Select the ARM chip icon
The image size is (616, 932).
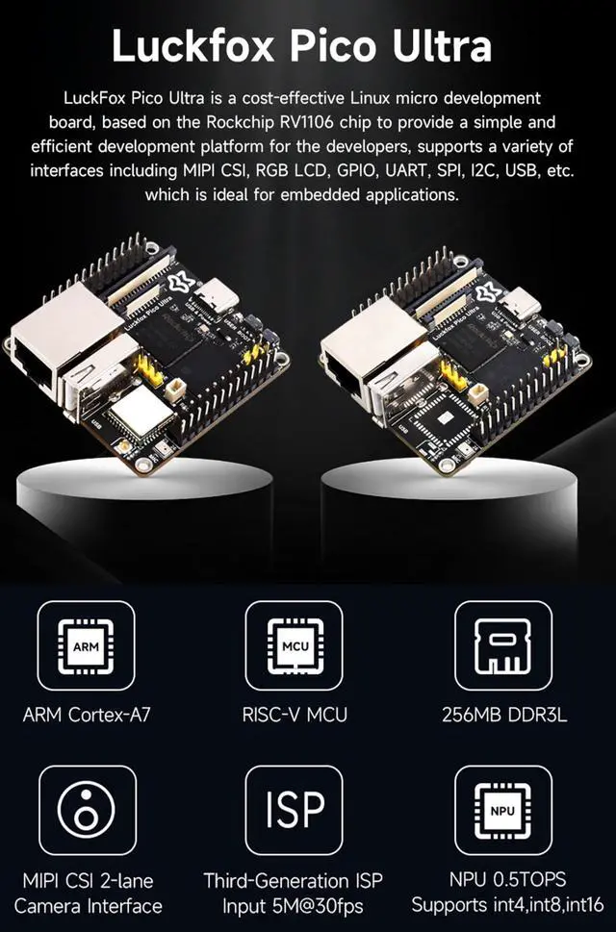click(x=86, y=646)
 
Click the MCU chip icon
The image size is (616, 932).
click(x=295, y=646)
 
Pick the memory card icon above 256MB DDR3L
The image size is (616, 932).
click(x=502, y=646)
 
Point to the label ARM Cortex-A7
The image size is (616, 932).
click(x=87, y=715)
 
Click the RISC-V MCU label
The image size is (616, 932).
click(x=295, y=715)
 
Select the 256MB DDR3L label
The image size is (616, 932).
click(x=502, y=715)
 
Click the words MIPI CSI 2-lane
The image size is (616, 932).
click(x=87, y=879)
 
